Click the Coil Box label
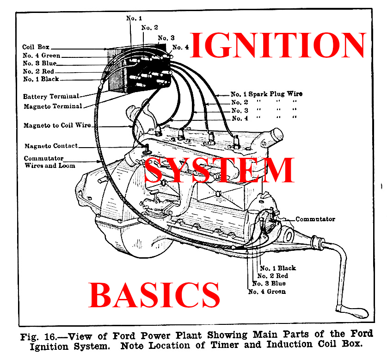coord(36,47)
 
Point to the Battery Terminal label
coord(51,96)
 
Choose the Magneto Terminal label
coord(52,106)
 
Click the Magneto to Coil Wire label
coord(57,125)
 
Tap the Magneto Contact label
coord(51,146)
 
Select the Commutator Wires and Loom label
coord(49,161)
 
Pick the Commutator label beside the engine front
coord(315,219)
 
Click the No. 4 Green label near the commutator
coord(267,292)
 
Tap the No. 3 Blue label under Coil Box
coord(41,63)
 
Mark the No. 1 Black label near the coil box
coord(41,79)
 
